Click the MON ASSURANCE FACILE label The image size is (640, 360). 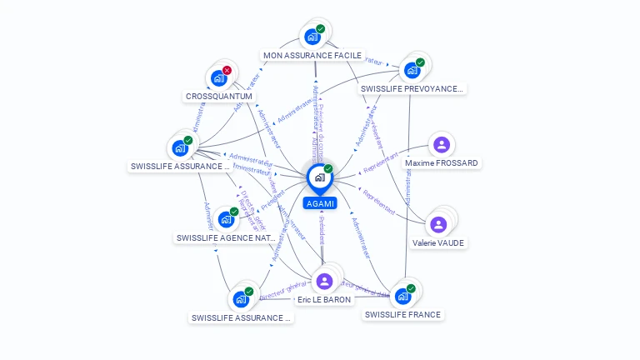click(312, 56)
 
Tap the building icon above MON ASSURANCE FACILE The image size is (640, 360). click(312, 37)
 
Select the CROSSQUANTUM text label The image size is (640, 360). click(218, 97)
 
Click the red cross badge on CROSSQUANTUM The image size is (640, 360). click(227, 71)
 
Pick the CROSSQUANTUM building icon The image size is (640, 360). click(218, 78)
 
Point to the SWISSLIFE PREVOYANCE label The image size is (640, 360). click(412, 88)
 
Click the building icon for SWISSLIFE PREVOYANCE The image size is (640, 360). click(412, 70)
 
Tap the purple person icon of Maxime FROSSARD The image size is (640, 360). click(442, 145)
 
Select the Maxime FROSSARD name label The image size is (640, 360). click(442, 163)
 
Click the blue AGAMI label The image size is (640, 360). click(320, 203)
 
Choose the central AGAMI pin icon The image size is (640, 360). click(319, 177)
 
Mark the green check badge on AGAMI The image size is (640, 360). click(328, 169)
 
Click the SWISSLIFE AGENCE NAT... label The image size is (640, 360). click(226, 238)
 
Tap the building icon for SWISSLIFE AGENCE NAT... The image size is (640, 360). click(225, 220)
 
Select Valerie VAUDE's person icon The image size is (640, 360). click(438, 224)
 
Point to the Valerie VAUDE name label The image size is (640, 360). click(438, 243)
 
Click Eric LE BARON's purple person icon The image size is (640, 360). click(324, 281)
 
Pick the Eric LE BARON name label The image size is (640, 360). click(324, 300)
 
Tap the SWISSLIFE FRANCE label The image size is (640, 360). click(402, 315)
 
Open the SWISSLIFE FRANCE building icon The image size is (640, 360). click(402, 296)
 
